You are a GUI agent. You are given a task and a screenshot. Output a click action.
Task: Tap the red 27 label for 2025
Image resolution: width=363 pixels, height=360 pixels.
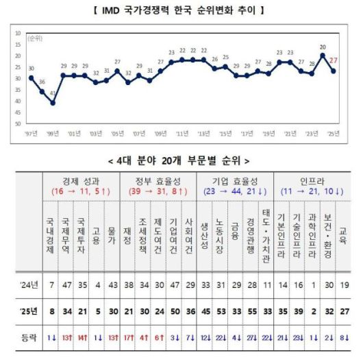334,62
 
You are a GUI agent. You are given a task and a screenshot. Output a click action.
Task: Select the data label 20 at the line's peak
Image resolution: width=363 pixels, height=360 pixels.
323,47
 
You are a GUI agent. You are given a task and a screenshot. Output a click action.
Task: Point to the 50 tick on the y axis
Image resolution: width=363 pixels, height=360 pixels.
17,123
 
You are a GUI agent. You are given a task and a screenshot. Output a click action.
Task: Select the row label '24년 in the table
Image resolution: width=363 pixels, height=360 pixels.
23,283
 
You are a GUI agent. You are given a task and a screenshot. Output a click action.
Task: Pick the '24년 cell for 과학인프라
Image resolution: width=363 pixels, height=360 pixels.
314,283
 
